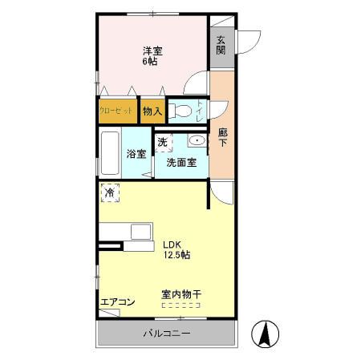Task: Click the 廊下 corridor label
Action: click(221, 137)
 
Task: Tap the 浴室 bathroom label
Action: click(136, 155)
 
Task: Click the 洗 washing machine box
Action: click(162, 143)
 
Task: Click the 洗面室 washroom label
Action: click(181, 162)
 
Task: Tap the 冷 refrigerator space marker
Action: click(110, 192)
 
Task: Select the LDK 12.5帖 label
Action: click(176, 249)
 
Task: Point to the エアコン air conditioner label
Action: click(117, 302)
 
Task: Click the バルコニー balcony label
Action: click(167, 333)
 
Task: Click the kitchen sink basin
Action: click(141, 233)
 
